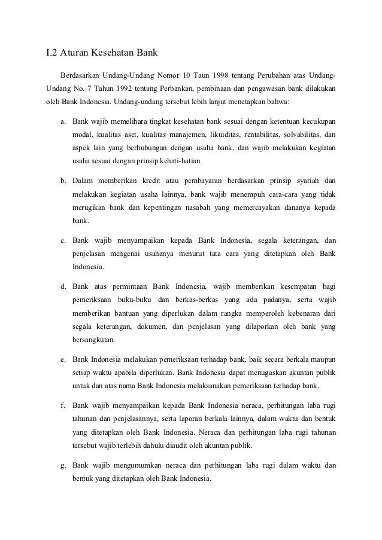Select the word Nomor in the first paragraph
click(168, 76)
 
